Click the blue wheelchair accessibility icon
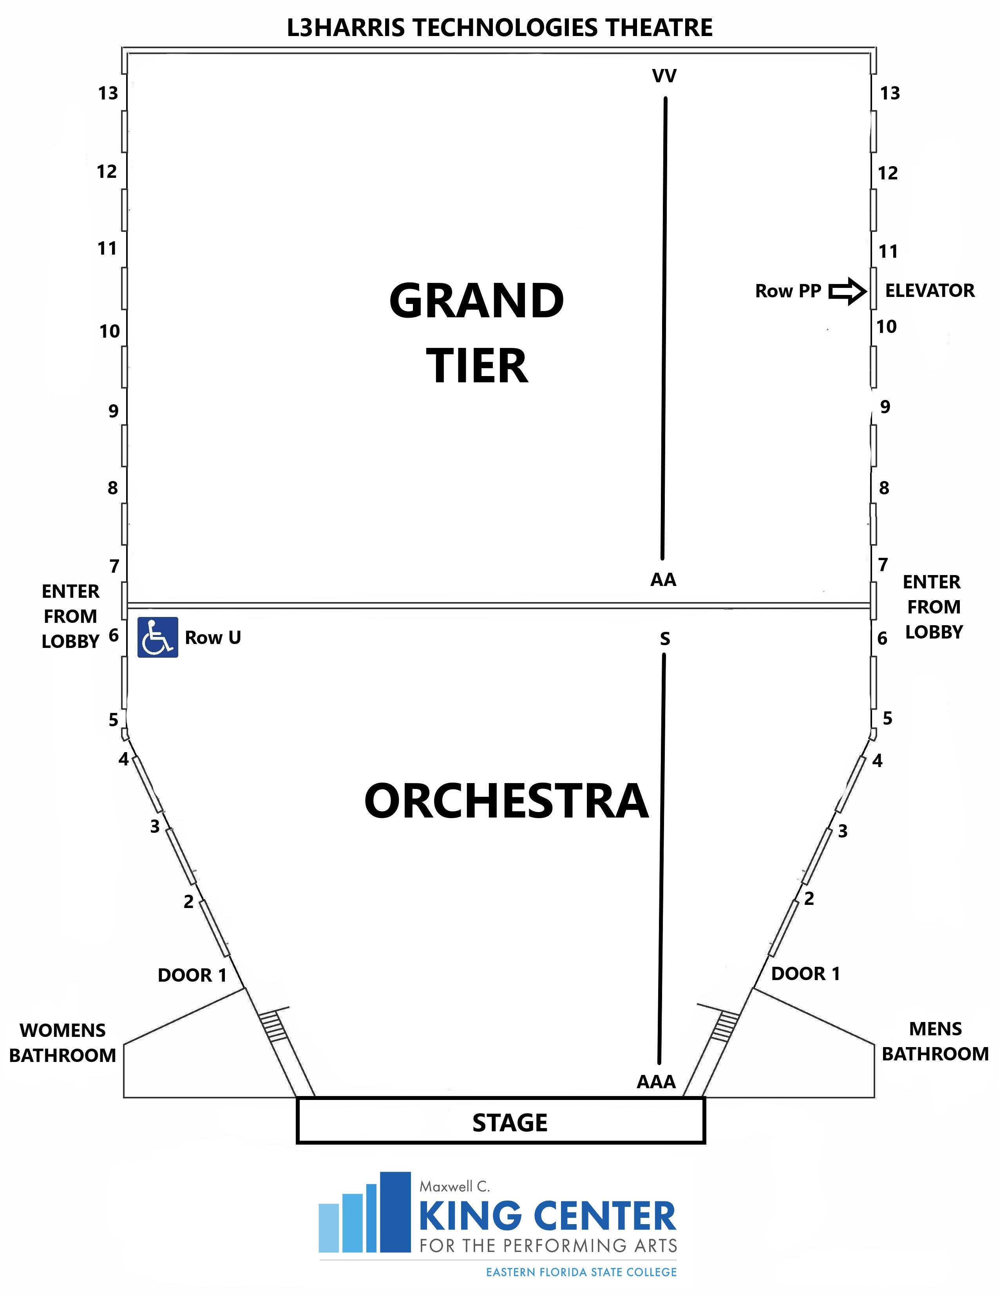pyautogui.click(x=157, y=637)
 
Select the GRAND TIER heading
pyautogui.click(x=477, y=333)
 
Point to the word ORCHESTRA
pyautogui.click(x=506, y=801)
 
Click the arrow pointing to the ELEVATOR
pyautogui.click(x=847, y=291)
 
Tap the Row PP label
pyautogui.click(x=788, y=291)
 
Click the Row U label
pyautogui.click(x=213, y=637)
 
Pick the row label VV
pyautogui.click(x=664, y=76)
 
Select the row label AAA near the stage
pyautogui.click(x=656, y=1082)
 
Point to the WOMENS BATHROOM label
pyautogui.click(x=62, y=1042)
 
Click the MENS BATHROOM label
pyautogui.click(x=935, y=1041)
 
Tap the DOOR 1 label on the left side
pyautogui.click(x=192, y=975)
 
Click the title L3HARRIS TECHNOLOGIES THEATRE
pyautogui.click(x=499, y=28)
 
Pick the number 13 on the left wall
pyautogui.click(x=108, y=93)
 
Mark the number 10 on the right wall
pyautogui.click(x=886, y=327)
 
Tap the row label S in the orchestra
pyautogui.click(x=664, y=639)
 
